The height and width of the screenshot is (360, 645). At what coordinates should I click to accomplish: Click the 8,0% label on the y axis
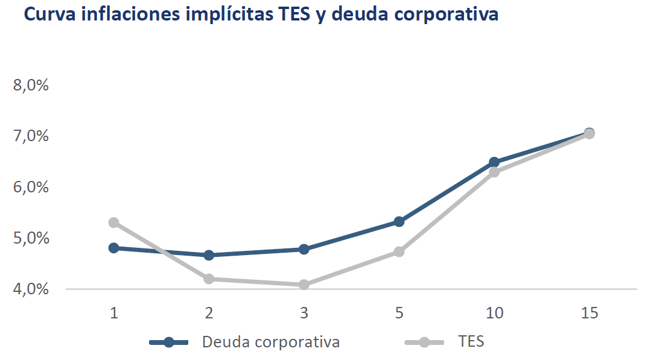coord(31,85)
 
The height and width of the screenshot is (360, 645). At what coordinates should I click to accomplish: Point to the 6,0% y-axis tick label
coord(31,187)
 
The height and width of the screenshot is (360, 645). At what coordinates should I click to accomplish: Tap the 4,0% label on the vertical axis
coord(31,289)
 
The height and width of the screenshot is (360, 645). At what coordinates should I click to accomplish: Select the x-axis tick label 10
coord(494,313)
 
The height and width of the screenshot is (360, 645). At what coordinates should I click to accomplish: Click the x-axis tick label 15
coord(589,313)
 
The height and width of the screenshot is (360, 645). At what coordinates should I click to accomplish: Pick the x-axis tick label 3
coord(303,313)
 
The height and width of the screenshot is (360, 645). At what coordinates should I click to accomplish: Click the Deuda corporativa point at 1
coord(113,248)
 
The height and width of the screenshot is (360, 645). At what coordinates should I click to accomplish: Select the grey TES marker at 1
coord(113,223)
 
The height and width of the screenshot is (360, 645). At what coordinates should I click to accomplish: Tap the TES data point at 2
coord(209,279)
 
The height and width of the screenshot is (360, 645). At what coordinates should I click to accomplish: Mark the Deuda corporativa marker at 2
coord(209,255)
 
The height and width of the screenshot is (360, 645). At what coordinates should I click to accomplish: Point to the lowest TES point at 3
coord(303,284)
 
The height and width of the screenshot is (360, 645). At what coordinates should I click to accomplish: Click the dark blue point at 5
coord(399,222)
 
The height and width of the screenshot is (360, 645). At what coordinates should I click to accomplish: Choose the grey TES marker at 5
coord(399,251)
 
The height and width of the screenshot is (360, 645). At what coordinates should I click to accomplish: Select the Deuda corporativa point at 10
coord(494,162)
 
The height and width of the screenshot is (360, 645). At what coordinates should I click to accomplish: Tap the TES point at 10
coord(494,172)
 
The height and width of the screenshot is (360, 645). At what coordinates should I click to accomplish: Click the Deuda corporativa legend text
coord(271,342)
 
